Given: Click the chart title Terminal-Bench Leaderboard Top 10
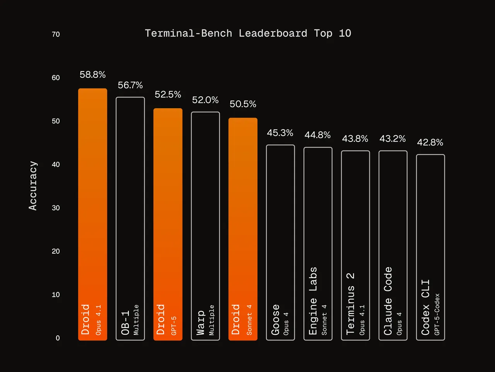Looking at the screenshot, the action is (248, 33).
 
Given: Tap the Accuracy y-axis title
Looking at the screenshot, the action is (33, 186).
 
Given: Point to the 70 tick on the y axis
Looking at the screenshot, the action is (56, 34).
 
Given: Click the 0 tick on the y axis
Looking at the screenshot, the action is (58, 338).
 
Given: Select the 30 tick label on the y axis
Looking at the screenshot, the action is (56, 208).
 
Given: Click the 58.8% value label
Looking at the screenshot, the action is (92, 75).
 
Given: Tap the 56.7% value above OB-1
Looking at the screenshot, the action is (130, 85).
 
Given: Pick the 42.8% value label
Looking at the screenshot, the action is (430, 142).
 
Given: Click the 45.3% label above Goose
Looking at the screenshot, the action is (280, 133).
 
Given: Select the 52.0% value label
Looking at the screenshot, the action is (205, 100).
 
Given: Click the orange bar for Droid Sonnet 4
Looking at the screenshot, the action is (243, 229).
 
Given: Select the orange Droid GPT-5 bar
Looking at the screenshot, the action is (168, 224).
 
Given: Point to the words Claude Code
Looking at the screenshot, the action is (387, 301).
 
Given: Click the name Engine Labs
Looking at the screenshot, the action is (312, 301).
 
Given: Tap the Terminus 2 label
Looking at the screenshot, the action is (350, 304).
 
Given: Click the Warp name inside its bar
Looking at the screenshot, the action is (200, 323).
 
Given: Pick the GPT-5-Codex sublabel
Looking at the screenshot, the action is (437, 314).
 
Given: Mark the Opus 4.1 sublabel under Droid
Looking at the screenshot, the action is (98, 320).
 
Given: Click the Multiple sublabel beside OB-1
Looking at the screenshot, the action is (136, 320).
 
